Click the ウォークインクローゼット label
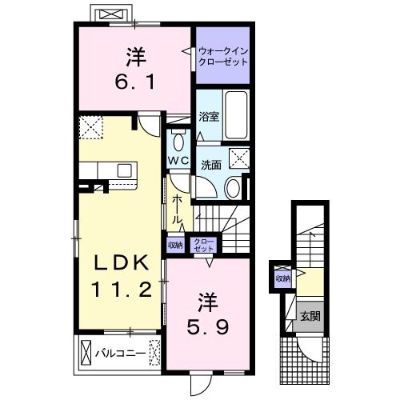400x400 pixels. pos(223,56)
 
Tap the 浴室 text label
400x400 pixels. pos(209,117)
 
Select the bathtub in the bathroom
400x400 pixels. pos(236,115)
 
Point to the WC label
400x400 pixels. pos(178,160)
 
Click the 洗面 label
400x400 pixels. pos(211,165)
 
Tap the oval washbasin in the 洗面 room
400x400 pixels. pos(233,188)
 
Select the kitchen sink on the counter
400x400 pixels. pos(124,170)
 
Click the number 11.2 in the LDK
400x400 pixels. pos(122,290)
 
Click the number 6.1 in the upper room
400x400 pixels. pos(134,82)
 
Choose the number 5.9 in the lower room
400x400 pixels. pos(207,327)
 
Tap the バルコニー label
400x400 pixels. pos(121,354)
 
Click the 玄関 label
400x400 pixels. pos(310,316)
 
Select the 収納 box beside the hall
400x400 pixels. pos(175,245)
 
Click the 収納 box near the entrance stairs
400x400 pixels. pos(283,279)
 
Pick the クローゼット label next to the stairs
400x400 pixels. pos(204,245)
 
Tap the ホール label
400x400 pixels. pos(177,209)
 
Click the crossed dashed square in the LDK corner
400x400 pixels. pos(91,127)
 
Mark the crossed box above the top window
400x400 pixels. pos(112,14)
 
